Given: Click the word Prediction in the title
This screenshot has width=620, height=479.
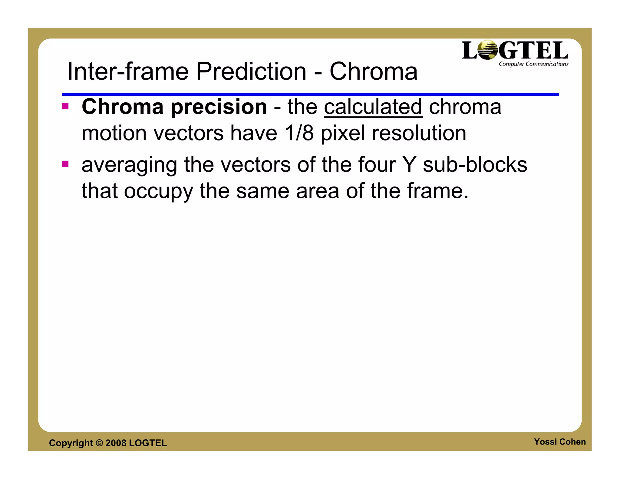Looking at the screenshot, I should [x=251, y=72].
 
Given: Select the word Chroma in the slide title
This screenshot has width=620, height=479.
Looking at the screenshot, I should [x=373, y=72].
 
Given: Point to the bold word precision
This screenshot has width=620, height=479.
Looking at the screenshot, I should [x=219, y=107].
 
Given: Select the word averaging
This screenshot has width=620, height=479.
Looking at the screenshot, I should [x=129, y=165].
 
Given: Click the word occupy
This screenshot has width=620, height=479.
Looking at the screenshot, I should [x=158, y=191].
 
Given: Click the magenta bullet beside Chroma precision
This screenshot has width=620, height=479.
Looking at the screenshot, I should [x=65, y=106].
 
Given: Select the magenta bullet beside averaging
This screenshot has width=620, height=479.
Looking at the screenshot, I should [x=65, y=164].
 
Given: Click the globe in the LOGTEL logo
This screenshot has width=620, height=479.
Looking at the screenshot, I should [x=487, y=50].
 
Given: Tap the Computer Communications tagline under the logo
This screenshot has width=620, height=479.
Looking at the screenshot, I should [x=533, y=64].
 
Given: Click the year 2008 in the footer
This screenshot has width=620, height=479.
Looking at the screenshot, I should [x=116, y=443].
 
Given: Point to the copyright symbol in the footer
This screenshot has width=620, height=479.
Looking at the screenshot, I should [x=99, y=443].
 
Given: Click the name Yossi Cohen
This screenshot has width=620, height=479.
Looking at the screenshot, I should [x=559, y=442].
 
